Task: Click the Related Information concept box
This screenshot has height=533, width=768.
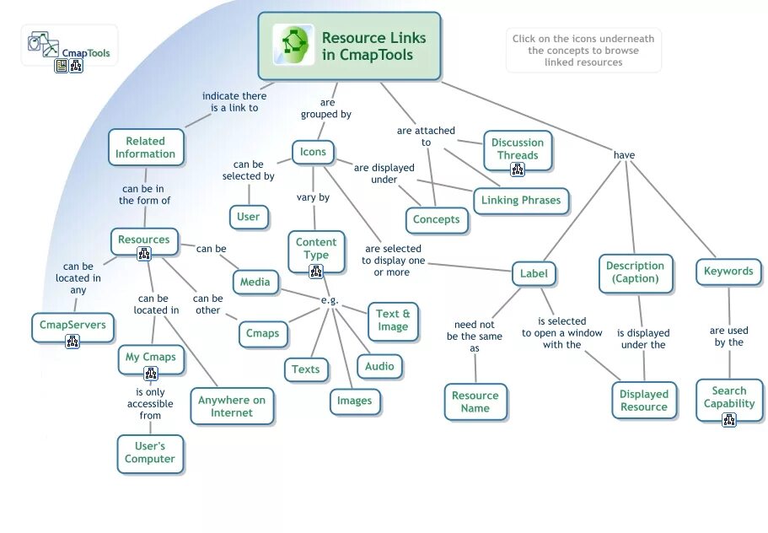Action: tap(145, 148)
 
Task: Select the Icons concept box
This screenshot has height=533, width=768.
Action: tap(313, 153)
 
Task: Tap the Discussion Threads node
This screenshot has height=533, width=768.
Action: tap(518, 149)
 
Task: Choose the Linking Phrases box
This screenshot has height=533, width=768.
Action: tap(522, 201)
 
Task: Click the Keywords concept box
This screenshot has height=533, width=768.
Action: tap(728, 272)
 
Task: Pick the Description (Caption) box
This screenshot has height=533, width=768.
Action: tap(636, 272)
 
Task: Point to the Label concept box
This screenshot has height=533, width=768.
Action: tap(534, 273)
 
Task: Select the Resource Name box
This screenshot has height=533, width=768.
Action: tap(475, 401)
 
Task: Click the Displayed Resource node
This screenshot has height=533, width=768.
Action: tap(644, 400)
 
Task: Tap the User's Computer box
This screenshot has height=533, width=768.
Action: tap(150, 453)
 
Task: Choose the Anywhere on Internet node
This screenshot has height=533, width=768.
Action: tap(232, 406)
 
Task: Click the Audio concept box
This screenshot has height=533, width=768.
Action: tap(379, 366)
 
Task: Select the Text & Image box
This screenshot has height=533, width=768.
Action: tap(393, 320)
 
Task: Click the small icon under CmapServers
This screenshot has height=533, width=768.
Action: tap(73, 342)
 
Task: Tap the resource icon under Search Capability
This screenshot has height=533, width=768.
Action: tap(729, 419)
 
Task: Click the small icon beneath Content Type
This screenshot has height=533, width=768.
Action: tap(316, 271)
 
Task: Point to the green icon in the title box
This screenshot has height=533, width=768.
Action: tap(293, 46)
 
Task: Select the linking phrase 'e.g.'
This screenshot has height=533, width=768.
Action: tap(330, 301)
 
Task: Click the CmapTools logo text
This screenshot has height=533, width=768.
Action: tap(85, 53)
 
